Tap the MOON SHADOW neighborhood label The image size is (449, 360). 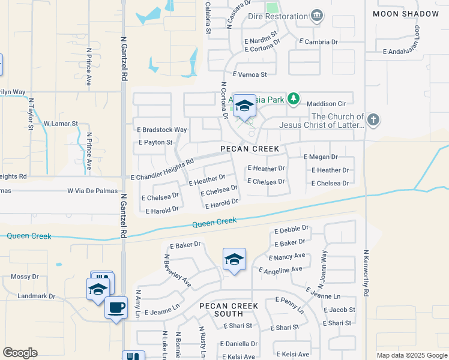(x=406, y=14)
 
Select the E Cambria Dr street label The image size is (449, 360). (x=319, y=42)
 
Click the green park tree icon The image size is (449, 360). (x=293, y=98)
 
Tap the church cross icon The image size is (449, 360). (x=373, y=119)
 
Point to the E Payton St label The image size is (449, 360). (x=155, y=143)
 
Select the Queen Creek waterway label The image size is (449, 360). (x=214, y=223)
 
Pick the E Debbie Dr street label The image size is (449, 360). (x=291, y=230)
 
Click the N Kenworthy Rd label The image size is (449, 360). (x=365, y=272)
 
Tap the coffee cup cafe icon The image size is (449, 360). (x=116, y=307)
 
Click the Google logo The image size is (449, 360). (x=20, y=353)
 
